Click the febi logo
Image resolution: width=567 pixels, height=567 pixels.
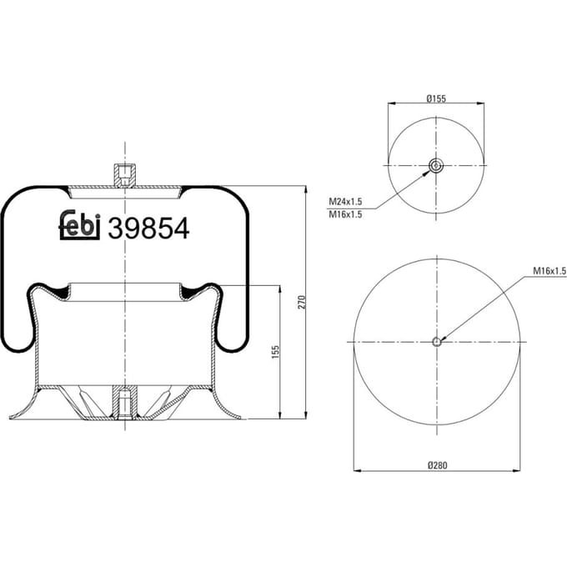point(79,225)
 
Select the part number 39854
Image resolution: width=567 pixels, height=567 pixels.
point(148,228)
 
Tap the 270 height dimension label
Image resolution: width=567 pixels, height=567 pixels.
point(302,302)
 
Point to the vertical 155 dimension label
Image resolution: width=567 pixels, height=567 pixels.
point(275,352)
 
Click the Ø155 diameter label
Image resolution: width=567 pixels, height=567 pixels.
point(436,98)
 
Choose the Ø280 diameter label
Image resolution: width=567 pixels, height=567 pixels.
point(437,465)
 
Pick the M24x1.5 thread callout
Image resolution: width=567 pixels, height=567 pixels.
point(345,202)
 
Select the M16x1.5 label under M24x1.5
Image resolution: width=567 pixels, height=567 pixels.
point(345,214)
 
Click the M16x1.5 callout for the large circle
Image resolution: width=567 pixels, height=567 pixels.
point(549,271)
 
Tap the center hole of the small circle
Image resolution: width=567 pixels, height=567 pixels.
point(436,166)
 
